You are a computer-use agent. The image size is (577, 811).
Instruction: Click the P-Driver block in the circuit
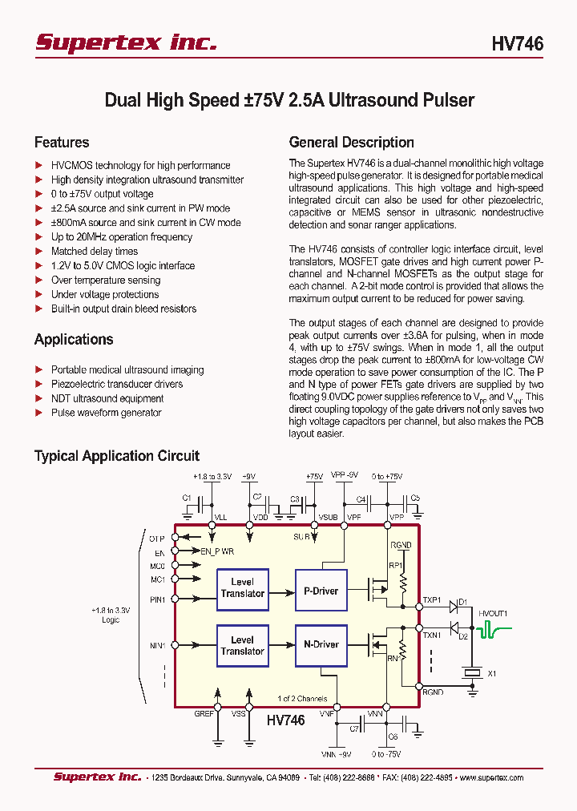pyautogui.click(x=320, y=591)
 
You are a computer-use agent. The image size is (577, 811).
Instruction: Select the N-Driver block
pyautogui.click(x=320, y=644)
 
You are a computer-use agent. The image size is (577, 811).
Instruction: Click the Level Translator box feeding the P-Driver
pyautogui.click(x=242, y=588)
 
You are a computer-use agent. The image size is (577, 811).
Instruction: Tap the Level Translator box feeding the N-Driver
pyautogui.click(x=242, y=645)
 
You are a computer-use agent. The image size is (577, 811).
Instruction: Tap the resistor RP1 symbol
pyautogui.click(x=403, y=582)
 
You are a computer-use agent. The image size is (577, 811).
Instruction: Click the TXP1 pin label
pyautogui.click(x=432, y=599)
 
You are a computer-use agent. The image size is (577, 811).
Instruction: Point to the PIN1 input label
pyautogui.click(x=156, y=599)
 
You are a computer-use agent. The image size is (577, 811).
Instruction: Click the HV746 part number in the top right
pyautogui.click(x=517, y=44)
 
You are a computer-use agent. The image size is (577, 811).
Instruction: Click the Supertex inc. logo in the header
pyautogui.click(x=126, y=42)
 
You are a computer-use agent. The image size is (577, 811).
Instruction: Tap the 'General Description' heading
pyautogui.click(x=351, y=143)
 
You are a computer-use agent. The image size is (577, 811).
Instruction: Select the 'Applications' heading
pyautogui.click(x=74, y=339)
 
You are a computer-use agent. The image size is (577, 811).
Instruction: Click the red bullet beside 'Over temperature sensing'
pyautogui.click(x=38, y=280)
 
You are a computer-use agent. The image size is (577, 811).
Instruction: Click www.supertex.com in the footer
pyautogui.click(x=490, y=777)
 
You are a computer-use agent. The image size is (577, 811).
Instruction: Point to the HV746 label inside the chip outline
pyautogui.click(x=285, y=720)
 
